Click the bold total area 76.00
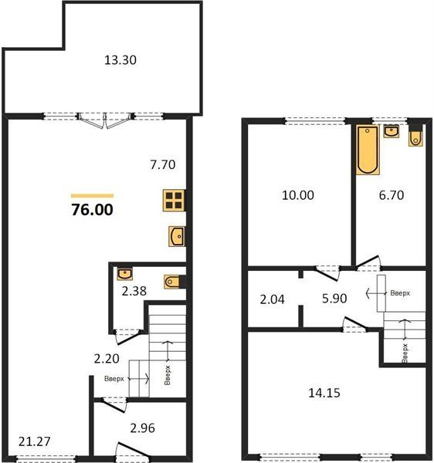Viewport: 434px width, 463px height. tap(92, 210)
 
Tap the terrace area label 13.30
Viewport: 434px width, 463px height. tap(120, 60)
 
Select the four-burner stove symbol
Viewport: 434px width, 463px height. tap(174, 201)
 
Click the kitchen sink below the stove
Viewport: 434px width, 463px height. tap(177, 236)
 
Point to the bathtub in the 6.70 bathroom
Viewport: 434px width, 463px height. tap(368, 150)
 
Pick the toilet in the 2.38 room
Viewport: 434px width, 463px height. tap(172, 282)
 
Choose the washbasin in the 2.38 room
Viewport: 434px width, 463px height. tap(124, 274)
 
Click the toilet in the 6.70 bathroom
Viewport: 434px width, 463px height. tap(415, 137)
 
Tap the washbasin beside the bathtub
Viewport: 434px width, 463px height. tap(392, 131)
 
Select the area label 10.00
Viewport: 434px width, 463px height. tap(298, 195)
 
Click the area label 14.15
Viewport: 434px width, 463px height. tap(324, 393)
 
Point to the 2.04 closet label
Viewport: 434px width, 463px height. tap(272, 299)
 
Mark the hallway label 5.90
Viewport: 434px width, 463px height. tap(334, 299)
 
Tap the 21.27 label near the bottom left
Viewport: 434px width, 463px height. tap(34, 441)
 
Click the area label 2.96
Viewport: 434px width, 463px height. tap(142, 428)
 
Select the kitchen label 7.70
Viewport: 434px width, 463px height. tap(163, 164)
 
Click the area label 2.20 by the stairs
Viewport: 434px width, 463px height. tap(107, 359)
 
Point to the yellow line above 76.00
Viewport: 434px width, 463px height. tap(92, 195)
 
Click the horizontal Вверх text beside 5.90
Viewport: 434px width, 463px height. tap(400, 293)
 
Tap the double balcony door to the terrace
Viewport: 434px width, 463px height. tap(104, 120)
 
